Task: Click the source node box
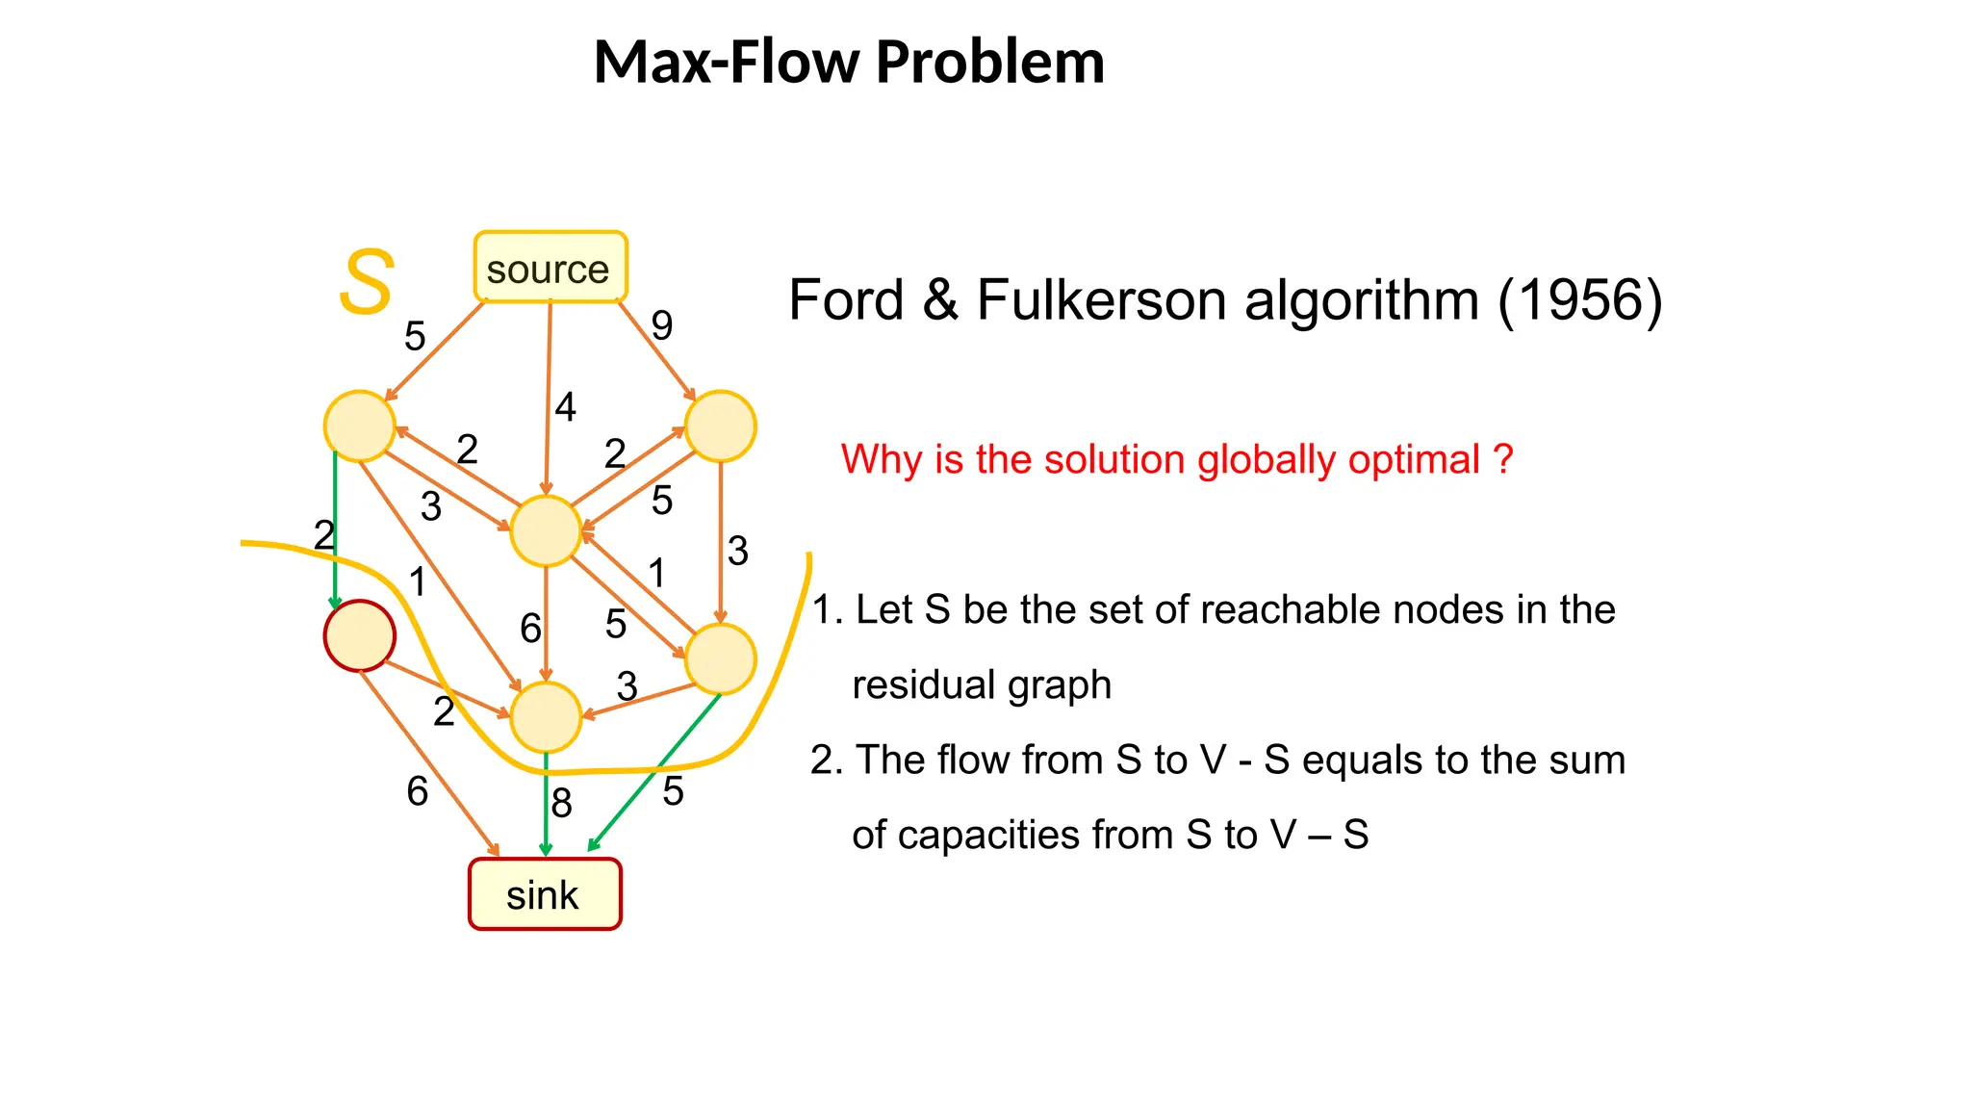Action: click(550, 268)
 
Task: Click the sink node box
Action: click(545, 894)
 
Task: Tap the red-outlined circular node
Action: click(359, 635)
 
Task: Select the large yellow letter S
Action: click(367, 282)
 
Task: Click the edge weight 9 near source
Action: click(661, 326)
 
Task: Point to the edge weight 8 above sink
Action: click(561, 803)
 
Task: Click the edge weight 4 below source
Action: click(565, 407)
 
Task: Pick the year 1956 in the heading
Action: click(1579, 300)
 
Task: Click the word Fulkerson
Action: click(1101, 300)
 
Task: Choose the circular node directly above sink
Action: click(546, 717)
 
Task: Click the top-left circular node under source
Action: click(359, 426)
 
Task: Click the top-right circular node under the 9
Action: click(720, 426)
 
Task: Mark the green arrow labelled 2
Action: click(335, 529)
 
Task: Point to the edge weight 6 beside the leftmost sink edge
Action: click(417, 792)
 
